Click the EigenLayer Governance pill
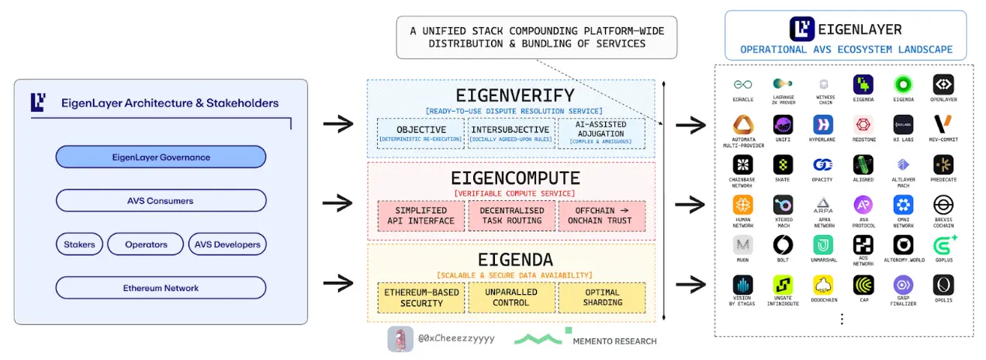(161, 157)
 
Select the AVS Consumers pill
(161, 201)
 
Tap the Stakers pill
(79, 244)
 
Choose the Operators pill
(146, 244)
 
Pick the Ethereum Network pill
(161, 288)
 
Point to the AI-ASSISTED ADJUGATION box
(600, 133)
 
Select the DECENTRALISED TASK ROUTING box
(511, 215)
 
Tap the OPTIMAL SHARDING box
(601, 298)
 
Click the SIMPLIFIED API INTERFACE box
(421, 215)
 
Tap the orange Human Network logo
(742, 205)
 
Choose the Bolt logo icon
(783, 245)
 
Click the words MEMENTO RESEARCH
(614, 341)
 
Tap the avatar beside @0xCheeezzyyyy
(400, 339)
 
